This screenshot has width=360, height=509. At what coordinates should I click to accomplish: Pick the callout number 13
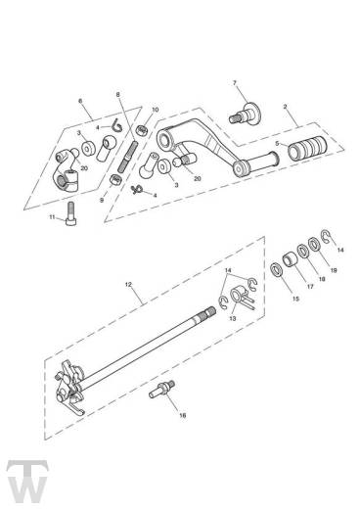click(x=234, y=318)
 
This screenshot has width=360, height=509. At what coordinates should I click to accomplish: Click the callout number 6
click(x=79, y=101)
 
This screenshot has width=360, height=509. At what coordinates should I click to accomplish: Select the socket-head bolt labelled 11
click(x=72, y=208)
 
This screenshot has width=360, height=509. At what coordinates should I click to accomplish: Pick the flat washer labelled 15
click(x=279, y=270)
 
